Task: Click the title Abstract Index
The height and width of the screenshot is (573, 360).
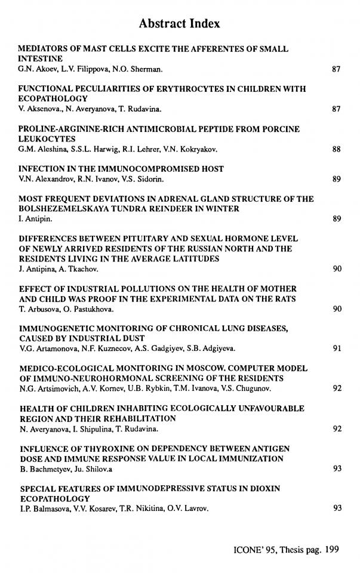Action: coord(179,24)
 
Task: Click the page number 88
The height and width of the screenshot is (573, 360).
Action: coord(336,150)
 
